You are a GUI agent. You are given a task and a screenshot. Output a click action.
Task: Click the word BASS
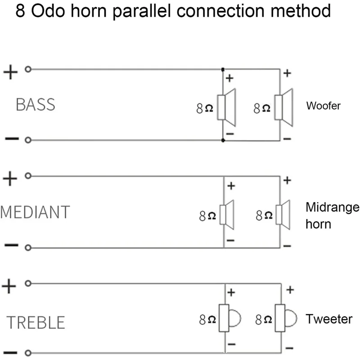coord(35,104)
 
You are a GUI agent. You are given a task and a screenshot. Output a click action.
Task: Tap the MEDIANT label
coord(35,212)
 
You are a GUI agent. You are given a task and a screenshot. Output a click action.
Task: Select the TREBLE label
coord(36,322)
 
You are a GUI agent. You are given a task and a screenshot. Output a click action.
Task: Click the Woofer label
coord(323,106)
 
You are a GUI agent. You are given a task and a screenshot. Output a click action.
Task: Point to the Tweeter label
coord(329,319)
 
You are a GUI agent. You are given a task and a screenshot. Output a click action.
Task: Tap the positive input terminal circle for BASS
coord(28,70)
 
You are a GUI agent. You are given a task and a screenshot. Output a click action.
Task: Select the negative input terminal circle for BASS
coord(28,140)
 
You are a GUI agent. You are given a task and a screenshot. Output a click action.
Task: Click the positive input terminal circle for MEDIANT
coord(28,176)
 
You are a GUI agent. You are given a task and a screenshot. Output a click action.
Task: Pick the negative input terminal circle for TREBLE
coord(28,353)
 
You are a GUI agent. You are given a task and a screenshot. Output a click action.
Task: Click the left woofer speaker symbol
coord(227,107)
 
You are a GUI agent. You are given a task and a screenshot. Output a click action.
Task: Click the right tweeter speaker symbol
coord(285,319)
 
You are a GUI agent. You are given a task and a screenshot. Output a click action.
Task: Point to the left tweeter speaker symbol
coord(229,319)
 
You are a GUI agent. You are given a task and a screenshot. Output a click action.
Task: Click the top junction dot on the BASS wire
coord(223,70)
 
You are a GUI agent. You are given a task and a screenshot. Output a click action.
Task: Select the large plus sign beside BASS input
coord(10,72)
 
